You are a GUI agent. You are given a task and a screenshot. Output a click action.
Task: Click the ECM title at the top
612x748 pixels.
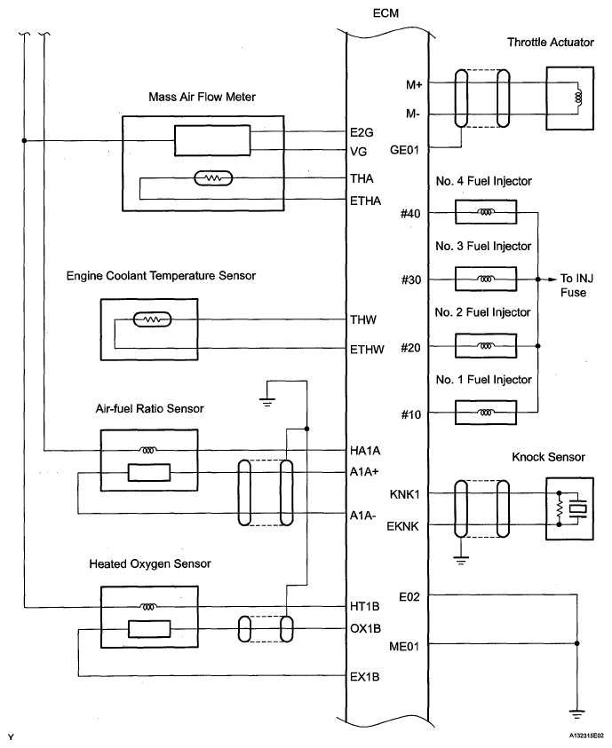click(385, 13)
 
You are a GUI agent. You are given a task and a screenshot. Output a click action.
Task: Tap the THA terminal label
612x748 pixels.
click(362, 178)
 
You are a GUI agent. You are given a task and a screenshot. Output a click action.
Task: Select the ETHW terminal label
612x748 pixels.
click(367, 350)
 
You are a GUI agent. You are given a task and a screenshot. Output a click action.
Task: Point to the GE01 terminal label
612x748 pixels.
click(404, 150)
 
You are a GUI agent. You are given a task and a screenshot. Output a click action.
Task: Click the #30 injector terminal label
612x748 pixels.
click(411, 280)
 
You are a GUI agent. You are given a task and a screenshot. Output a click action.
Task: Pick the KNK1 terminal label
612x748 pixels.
click(405, 494)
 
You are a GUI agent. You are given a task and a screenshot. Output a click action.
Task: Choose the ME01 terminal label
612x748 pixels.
click(404, 646)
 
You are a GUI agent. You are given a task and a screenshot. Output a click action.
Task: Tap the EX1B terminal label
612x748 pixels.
click(365, 677)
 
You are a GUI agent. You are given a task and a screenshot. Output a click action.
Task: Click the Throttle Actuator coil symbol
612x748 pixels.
click(579, 98)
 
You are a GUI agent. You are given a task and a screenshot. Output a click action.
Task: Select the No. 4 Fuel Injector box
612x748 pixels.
click(486, 212)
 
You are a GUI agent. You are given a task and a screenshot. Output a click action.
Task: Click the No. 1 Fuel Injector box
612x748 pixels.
click(486, 413)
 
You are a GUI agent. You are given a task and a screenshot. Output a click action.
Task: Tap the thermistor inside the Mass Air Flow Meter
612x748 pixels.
click(213, 178)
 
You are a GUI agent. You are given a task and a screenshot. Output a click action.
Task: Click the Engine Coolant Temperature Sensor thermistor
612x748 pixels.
click(152, 319)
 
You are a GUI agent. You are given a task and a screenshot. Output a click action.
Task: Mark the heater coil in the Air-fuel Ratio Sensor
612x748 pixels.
click(148, 450)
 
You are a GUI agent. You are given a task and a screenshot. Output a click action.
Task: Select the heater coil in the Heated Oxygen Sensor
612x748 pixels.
click(148, 607)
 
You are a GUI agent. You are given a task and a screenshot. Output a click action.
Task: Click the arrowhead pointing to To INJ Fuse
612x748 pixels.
click(552, 280)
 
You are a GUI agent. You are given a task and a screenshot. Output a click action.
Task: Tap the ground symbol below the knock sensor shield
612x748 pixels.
click(461, 561)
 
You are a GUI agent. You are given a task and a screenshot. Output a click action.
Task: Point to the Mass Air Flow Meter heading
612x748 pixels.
click(202, 97)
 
